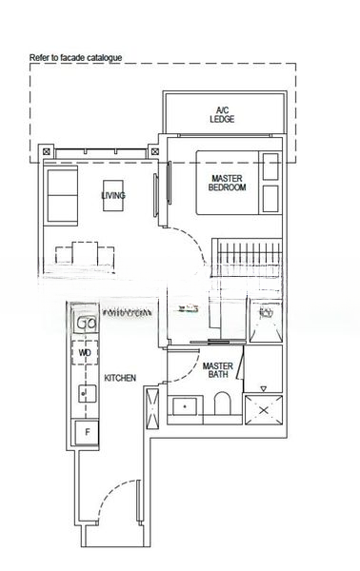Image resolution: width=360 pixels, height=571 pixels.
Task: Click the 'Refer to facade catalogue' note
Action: [x=76, y=58]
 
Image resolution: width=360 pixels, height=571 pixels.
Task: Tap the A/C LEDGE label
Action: [x=223, y=114]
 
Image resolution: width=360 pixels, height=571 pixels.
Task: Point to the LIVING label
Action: [x=113, y=196]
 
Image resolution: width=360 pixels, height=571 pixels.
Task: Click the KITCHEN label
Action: [x=119, y=378]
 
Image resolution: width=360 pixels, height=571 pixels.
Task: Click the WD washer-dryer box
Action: [x=86, y=352]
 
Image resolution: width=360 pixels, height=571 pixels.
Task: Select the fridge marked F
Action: [x=88, y=433]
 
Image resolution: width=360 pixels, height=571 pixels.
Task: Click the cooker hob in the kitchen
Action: [x=88, y=323]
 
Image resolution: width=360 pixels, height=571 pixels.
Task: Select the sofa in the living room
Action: [x=64, y=193]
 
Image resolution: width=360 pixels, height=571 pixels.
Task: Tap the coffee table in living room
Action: [x=114, y=196]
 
